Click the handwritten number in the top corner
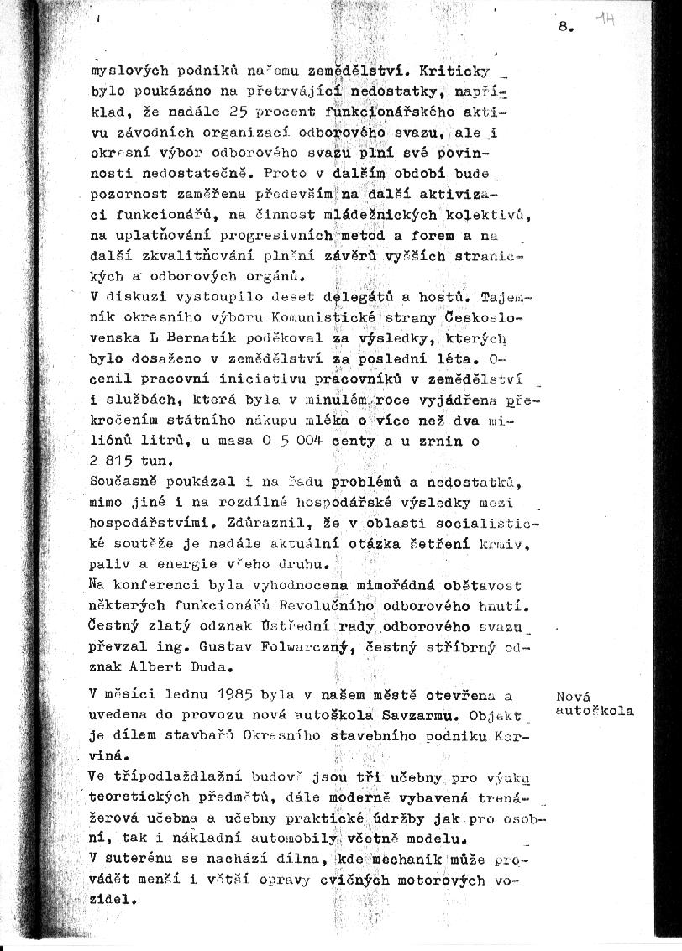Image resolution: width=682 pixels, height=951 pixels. click(x=604, y=20)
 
